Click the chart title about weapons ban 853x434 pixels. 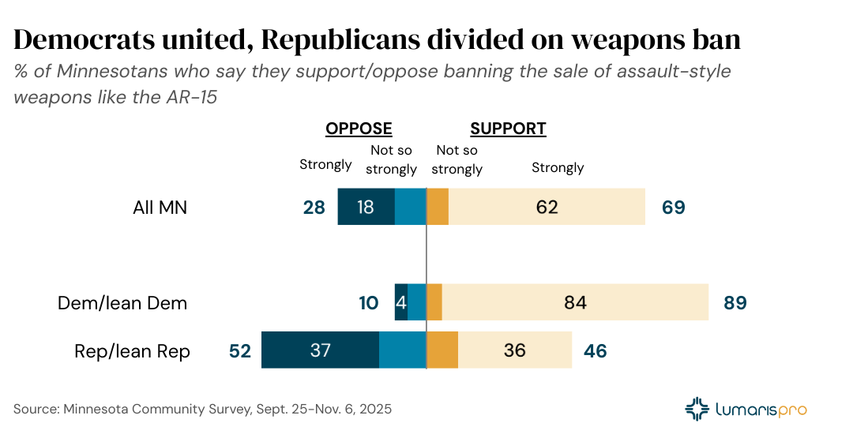378,40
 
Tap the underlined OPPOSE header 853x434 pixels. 359,129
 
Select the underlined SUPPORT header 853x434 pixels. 508,129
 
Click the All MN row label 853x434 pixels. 160,208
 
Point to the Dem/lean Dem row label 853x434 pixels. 122,303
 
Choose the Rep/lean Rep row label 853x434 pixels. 132,351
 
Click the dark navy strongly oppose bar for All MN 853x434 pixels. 366,208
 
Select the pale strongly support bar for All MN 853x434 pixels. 547,208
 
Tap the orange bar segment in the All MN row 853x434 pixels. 438,208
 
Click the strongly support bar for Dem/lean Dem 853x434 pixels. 575,302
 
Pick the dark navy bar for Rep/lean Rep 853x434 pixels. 320,350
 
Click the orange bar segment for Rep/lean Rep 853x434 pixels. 442,350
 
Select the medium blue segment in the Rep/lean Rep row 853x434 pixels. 402,350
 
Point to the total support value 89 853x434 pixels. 735,303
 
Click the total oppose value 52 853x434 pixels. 239,351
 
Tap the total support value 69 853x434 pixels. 674,208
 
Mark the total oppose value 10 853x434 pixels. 369,303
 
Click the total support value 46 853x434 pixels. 596,351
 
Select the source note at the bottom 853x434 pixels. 202,410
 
